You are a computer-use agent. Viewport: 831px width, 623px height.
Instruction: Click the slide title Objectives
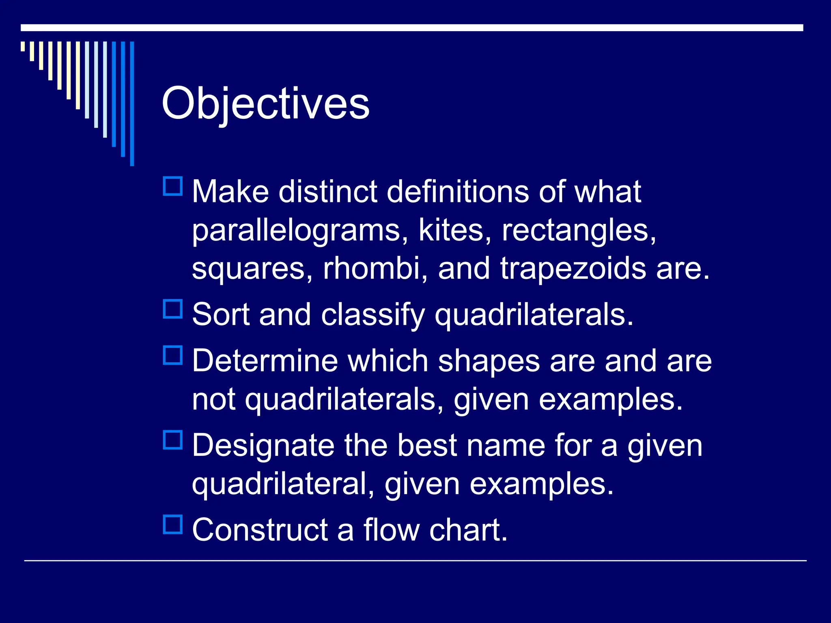(265, 104)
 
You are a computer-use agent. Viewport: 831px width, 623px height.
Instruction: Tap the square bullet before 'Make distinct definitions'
(173, 187)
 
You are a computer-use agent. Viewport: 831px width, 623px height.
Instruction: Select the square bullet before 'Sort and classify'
(173, 309)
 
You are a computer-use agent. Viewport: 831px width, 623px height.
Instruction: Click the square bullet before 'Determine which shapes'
(173, 355)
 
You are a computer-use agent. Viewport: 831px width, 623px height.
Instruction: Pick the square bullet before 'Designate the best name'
(173, 440)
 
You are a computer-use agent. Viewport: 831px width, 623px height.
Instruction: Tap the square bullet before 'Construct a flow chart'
(173, 524)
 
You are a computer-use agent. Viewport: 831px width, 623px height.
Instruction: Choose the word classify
(373, 316)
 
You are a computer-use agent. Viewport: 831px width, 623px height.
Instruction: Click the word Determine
(265, 361)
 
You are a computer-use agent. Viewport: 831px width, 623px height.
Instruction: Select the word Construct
(260, 530)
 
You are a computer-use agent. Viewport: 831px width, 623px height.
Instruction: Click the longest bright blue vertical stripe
(132, 103)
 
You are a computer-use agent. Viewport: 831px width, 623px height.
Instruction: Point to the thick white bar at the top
(412, 28)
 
